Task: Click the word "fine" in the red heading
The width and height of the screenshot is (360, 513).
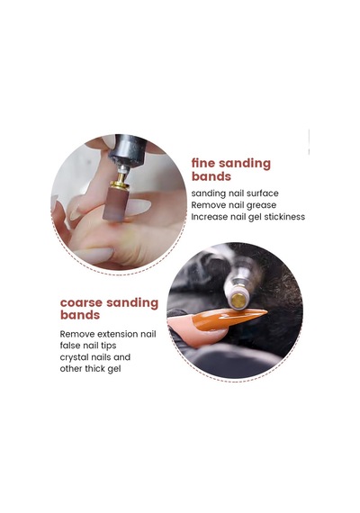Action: click(202, 163)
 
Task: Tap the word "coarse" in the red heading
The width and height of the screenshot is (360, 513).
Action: click(82, 302)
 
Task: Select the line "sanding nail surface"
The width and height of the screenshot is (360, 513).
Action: click(235, 193)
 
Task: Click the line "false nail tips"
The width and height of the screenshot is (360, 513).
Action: click(88, 346)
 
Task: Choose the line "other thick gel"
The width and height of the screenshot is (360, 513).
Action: click(90, 369)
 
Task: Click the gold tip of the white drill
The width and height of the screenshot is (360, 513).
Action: click(238, 301)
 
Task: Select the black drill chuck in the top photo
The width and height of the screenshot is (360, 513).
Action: click(128, 149)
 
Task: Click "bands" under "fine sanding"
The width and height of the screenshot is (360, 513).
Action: click(211, 176)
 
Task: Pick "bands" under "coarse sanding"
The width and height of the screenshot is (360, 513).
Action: click(80, 315)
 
